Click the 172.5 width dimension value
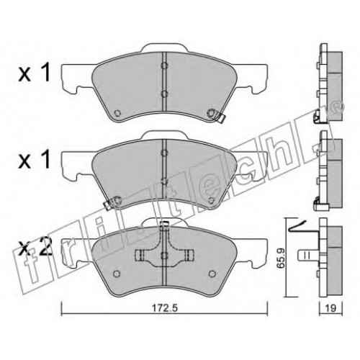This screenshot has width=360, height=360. (165, 309)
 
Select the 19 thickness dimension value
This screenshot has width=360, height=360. (330, 308)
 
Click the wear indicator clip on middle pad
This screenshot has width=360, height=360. (112, 202)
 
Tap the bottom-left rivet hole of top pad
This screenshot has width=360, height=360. (117, 113)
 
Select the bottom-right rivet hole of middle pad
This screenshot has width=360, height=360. (211, 200)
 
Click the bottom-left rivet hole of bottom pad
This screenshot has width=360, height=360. (117, 274)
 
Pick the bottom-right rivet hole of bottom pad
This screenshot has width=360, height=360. (211, 274)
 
